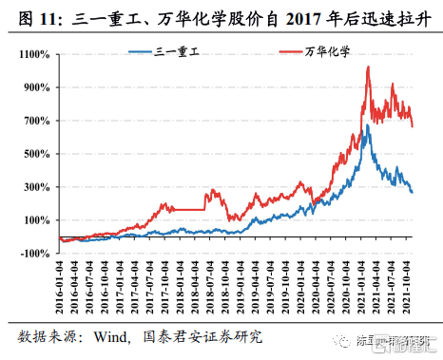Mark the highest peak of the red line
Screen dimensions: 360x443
click(368, 67)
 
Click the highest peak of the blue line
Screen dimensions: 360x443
click(367, 125)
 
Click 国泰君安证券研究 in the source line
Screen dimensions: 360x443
click(200, 336)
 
